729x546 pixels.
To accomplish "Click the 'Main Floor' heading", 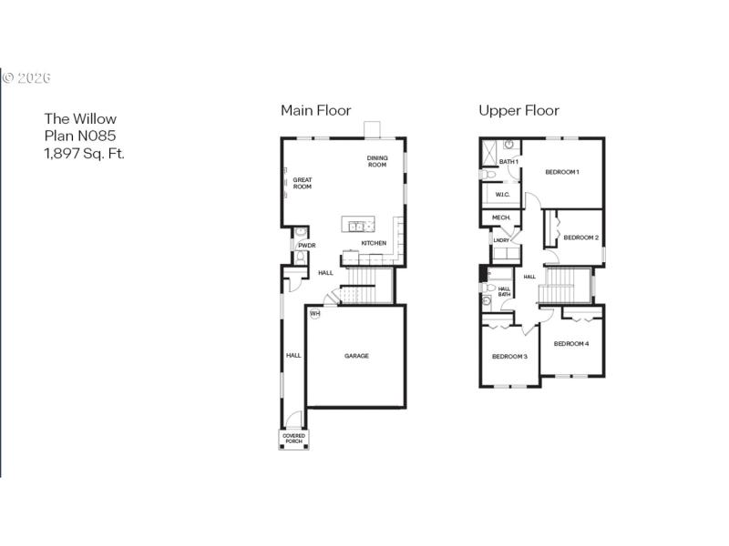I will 315,110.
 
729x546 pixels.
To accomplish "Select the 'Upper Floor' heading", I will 519,110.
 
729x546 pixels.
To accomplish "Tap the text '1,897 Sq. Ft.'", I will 85,153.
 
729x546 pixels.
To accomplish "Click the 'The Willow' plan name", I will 81,118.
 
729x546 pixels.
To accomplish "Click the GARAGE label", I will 356,356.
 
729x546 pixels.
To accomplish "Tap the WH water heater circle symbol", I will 315,314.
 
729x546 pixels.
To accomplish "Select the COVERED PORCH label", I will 293,439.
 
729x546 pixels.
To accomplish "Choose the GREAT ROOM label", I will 303,183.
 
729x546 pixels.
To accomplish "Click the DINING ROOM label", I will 377,161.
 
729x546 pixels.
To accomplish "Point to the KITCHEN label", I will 374,243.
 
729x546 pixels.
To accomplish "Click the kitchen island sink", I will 355,225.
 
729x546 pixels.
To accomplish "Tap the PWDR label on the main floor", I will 306,245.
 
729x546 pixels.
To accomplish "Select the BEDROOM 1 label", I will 562,172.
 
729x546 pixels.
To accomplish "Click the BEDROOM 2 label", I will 580,238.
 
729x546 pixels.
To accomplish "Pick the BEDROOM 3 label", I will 509,356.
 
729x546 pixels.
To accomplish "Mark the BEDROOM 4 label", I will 571,343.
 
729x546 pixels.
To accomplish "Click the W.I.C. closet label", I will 502,195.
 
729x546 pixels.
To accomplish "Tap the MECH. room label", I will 500,217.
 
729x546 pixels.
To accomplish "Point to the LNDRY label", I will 500,240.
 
